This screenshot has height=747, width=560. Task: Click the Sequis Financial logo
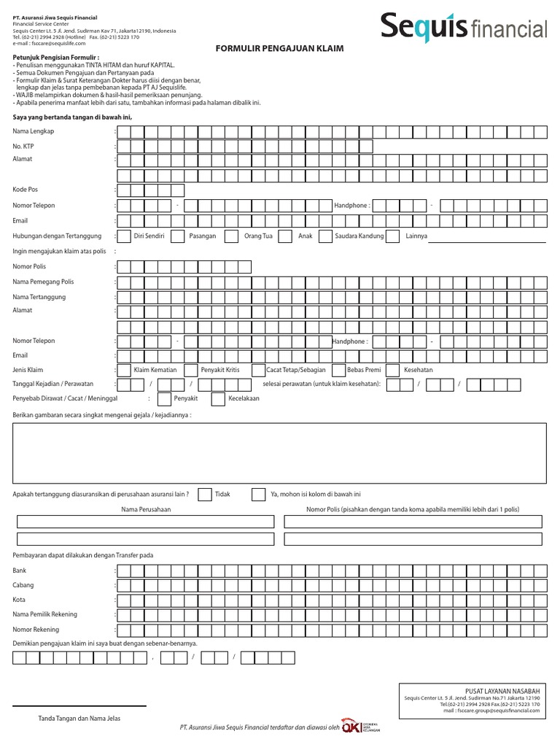tap(463, 27)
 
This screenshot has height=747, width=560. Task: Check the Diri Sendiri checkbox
tap(123, 236)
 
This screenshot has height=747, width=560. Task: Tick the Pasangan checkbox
tap(177, 236)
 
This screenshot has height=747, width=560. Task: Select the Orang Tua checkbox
tap(231, 236)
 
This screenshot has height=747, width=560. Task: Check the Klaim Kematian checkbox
tap(123, 370)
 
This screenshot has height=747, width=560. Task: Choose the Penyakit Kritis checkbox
tap(190, 370)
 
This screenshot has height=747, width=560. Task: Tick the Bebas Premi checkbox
tap(338, 370)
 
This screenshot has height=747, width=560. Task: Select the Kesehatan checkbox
tap(392, 370)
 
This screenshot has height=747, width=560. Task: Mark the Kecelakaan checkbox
tap(217, 399)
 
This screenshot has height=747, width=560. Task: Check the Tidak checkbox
tap(205, 495)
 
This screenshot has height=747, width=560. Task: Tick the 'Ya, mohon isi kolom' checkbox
tap(258, 495)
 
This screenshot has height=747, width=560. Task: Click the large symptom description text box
tap(279, 454)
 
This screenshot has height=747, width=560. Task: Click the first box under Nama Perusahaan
tap(146, 522)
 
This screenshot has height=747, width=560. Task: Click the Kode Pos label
tap(25, 190)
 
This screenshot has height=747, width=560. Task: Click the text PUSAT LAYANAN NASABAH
tap(502, 690)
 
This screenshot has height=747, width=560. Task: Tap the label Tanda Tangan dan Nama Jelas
tap(79, 719)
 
